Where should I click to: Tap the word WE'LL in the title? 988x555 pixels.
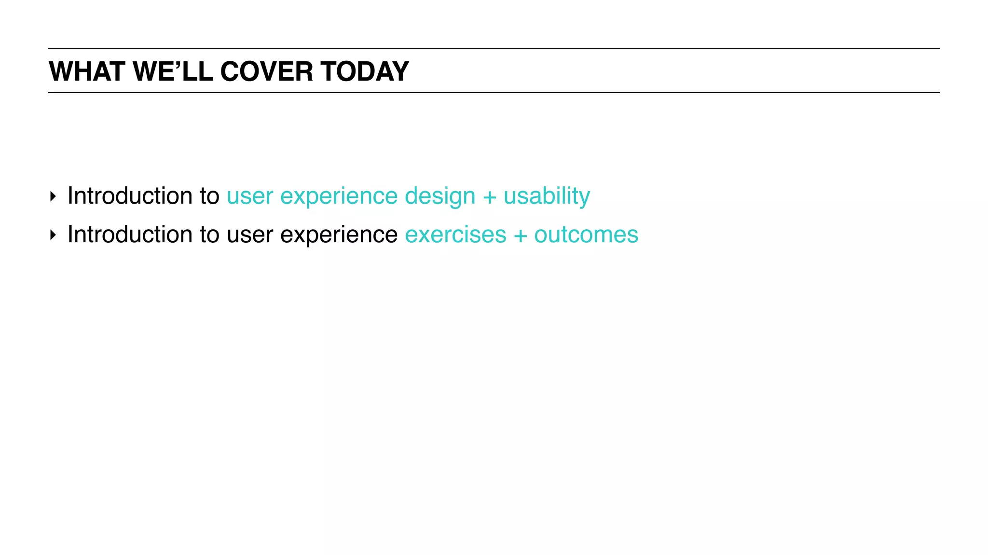pyautogui.click(x=173, y=71)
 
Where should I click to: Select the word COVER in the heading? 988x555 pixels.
pyautogui.click(x=266, y=71)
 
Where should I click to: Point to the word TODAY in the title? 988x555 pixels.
pyautogui.click(x=365, y=71)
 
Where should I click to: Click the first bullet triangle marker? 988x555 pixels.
pyautogui.click(x=53, y=196)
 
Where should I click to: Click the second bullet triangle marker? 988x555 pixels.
pyautogui.click(x=53, y=235)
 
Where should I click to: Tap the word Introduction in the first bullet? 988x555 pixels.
pyautogui.click(x=130, y=196)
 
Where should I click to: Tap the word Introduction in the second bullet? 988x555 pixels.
pyautogui.click(x=130, y=235)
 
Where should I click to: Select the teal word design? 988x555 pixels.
pyautogui.click(x=439, y=196)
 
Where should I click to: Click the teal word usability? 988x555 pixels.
pyautogui.click(x=547, y=196)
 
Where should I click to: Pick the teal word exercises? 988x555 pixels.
pyautogui.click(x=455, y=235)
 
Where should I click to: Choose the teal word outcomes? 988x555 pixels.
pyautogui.click(x=586, y=235)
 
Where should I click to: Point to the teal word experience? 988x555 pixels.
pyautogui.click(x=339, y=196)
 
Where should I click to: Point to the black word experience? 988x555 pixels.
pyautogui.click(x=339, y=235)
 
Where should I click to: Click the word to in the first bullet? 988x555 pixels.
pyautogui.click(x=209, y=196)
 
